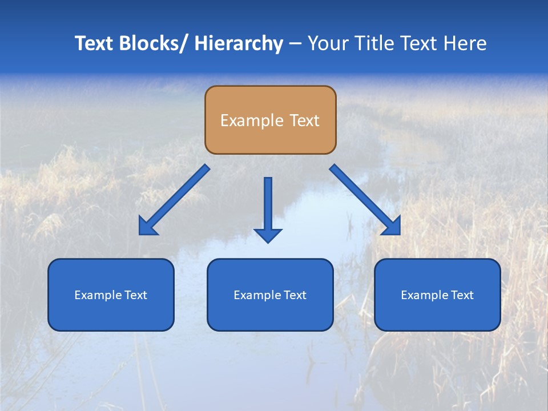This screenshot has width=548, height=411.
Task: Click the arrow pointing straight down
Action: point(268,208)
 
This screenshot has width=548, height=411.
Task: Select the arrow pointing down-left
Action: point(174,200)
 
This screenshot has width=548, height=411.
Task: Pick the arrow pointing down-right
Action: point(365,200)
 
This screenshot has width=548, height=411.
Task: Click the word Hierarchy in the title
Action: point(239,43)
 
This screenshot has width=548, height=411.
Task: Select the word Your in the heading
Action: point(329,43)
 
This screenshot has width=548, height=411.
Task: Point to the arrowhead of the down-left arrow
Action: point(147,227)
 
